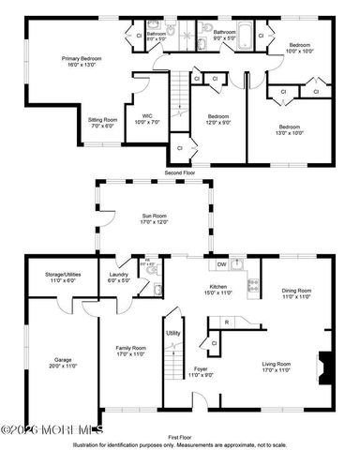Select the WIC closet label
(146, 120)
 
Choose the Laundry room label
(118, 277)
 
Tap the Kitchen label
(218, 292)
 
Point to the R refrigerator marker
(227, 323)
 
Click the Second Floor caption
(180, 173)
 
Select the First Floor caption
(180, 437)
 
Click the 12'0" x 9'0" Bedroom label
(217, 119)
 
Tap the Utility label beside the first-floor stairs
(173, 333)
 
